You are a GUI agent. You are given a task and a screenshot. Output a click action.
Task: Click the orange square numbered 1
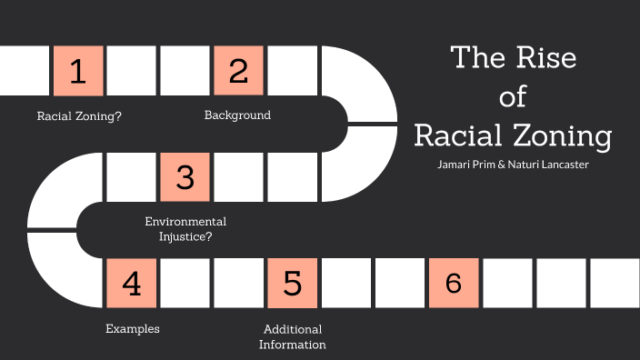tap(78, 71)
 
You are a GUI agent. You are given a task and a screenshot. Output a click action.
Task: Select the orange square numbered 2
tap(239, 71)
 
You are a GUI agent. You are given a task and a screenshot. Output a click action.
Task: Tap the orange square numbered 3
tap(185, 176)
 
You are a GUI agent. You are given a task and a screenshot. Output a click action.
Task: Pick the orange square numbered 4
tap(132, 283)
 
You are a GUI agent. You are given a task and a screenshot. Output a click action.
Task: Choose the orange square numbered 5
tap(293, 283)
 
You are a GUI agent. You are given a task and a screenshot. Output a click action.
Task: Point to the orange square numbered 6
tap(453, 283)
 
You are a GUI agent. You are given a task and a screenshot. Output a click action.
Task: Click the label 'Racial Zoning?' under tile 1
tap(79, 116)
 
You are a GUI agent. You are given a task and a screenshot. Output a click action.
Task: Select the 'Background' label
tap(237, 115)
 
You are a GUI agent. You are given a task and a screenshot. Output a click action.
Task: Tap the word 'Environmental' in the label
tap(185, 222)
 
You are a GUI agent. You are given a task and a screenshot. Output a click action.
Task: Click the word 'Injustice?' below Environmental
tap(185, 237)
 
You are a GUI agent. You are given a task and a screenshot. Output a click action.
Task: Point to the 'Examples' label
tap(132, 328)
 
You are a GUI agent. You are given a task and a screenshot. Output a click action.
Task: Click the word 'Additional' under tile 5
tap(293, 329)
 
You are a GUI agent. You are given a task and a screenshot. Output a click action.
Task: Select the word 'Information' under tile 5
tap(293, 345)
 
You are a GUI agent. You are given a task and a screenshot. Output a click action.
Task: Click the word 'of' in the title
tap(513, 96)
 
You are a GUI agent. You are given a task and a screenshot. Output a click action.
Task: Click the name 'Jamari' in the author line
tap(455, 165)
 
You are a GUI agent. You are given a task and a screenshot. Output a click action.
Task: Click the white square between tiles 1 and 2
tap(132, 71)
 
